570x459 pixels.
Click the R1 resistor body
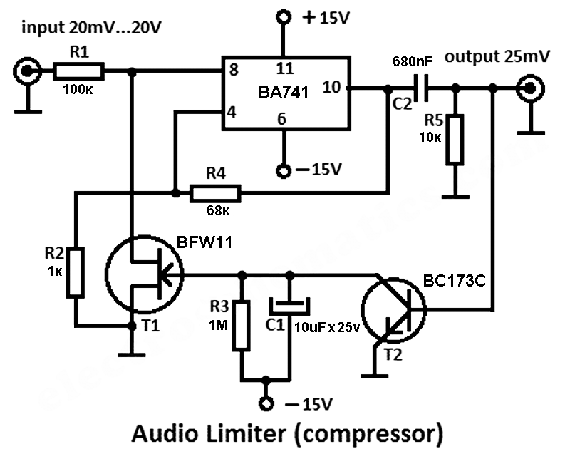tap(78, 71)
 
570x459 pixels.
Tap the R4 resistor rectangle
tap(215, 193)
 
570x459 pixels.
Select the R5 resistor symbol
tap(455, 140)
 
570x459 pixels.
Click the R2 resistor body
tap(76, 272)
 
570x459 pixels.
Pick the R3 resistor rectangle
tap(241, 326)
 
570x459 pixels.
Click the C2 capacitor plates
tap(421, 88)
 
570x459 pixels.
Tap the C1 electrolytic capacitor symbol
tap(290, 306)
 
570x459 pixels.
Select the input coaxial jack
tap(26, 71)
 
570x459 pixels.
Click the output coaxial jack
tap(530, 88)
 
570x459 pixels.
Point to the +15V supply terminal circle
tap(284, 16)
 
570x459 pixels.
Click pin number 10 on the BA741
tap(331, 87)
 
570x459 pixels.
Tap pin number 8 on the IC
tap(234, 70)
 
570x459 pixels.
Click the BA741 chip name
tap(284, 92)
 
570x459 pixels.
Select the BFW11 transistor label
tap(204, 242)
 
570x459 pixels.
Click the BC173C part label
tap(455, 280)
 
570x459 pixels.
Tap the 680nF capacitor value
tap(413, 61)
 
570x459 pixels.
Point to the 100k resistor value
tap(78, 89)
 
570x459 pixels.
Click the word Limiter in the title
tap(246, 433)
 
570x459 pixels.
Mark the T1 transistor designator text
tap(150, 325)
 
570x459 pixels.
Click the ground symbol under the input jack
tap(28, 111)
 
